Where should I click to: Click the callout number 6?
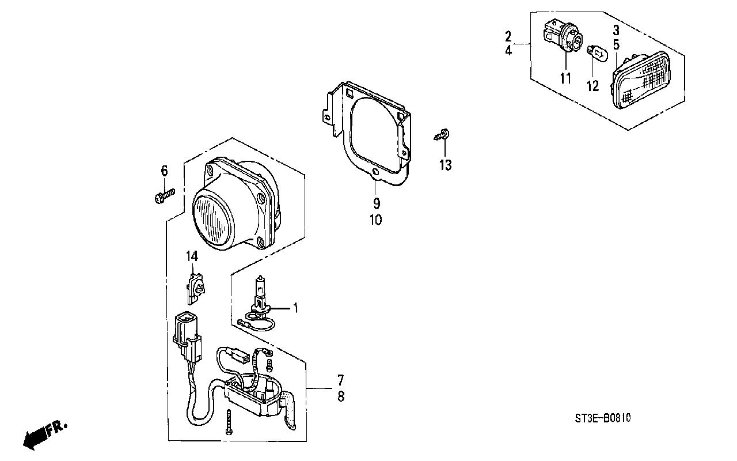[x=164, y=171]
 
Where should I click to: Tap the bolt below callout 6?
[x=164, y=197]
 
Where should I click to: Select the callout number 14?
[x=192, y=256]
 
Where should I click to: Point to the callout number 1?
[x=295, y=308]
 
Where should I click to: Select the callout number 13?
[x=446, y=165]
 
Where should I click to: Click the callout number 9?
[x=377, y=203]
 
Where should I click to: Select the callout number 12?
[x=592, y=86]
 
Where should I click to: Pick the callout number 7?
[x=340, y=380]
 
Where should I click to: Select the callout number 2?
[x=508, y=37]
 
